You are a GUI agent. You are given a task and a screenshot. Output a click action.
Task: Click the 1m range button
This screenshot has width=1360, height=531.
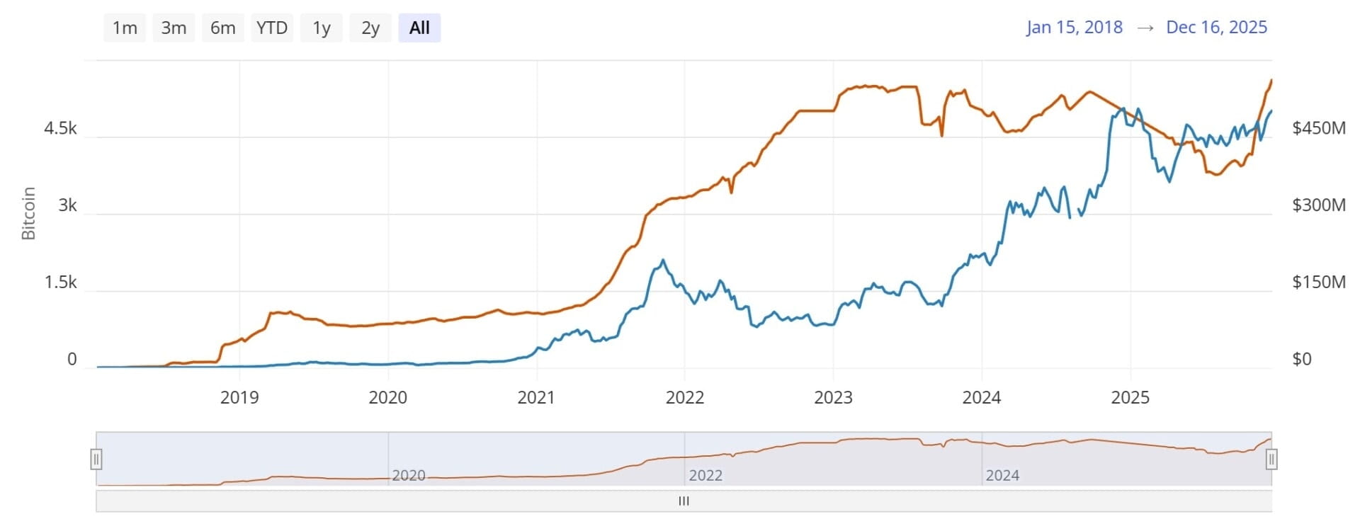tap(125, 28)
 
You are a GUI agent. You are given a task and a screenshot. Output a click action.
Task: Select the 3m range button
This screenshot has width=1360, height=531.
tap(174, 28)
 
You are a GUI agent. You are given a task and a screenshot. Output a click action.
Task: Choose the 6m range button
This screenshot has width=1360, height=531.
tap(222, 28)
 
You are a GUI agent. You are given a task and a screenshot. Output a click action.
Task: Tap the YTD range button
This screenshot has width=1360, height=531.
tap(272, 28)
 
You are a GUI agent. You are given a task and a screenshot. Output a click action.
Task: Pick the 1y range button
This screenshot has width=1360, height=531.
tap(322, 28)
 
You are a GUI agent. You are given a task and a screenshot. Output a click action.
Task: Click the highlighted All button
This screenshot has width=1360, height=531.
tap(419, 28)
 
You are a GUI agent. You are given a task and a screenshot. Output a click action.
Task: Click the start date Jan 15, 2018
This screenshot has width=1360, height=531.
tap(1074, 27)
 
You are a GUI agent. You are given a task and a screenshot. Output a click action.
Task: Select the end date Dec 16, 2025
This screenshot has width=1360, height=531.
tap(1216, 27)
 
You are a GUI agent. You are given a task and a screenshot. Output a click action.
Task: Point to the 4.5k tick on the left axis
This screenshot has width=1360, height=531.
tap(60, 128)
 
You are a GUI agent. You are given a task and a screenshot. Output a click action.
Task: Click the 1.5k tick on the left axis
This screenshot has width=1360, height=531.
tap(60, 282)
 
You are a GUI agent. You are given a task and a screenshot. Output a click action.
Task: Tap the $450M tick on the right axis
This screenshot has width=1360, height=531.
tap(1318, 128)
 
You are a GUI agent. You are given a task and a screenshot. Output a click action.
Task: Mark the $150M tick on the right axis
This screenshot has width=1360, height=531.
tap(1318, 282)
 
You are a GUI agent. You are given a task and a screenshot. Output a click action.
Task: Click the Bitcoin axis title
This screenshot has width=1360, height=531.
tap(28, 213)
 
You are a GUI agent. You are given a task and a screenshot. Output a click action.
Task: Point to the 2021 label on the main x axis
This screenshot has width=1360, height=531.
tap(536, 397)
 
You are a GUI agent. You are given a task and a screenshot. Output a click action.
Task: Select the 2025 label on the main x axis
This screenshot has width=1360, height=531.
tap(1130, 397)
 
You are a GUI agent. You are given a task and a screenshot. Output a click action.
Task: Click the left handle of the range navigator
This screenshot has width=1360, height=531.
tap(96, 459)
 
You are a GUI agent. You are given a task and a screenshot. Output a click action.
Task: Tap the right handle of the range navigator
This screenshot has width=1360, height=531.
tap(1271, 459)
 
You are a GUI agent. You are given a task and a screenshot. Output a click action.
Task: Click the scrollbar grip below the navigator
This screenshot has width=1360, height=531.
tap(684, 501)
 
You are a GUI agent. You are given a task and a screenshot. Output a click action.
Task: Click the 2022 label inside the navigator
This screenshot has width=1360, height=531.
tap(705, 475)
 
